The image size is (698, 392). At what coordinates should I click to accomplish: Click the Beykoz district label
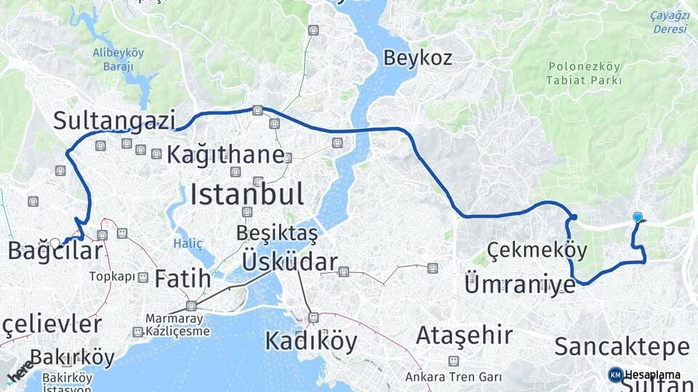(417, 57)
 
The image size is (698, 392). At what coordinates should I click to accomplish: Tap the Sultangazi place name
(114, 120)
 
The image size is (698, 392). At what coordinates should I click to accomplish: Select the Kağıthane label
(225, 154)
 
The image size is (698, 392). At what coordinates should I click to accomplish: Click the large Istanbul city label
(247, 194)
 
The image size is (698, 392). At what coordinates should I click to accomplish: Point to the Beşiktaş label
(277, 233)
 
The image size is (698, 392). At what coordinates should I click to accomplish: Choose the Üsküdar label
(289, 262)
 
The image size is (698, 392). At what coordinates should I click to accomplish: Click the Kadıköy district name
(310, 340)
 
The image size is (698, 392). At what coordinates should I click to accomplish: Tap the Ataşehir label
(464, 335)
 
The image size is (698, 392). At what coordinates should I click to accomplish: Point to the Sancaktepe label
(622, 346)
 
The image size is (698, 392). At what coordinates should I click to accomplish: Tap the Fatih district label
(182, 277)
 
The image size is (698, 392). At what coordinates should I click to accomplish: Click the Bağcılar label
(55, 251)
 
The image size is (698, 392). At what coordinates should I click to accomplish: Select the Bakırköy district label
(73, 357)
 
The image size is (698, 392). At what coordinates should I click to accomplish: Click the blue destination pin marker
(638, 217)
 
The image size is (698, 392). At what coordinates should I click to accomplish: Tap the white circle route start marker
(55, 243)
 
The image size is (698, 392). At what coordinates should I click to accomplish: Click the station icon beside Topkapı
(143, 277)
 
